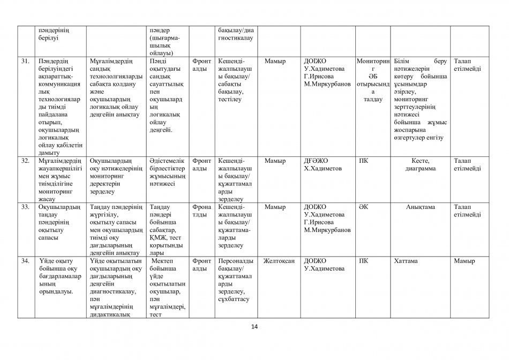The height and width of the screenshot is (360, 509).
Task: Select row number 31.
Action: pos(25,61)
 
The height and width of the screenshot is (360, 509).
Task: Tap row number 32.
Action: pos(25,161)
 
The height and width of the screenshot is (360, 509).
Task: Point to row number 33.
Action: pos(25,207)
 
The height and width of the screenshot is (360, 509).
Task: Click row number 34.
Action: pos(25,261)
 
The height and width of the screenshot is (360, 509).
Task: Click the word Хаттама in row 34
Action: pos(407,261)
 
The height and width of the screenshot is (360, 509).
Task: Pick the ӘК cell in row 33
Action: pos(363,207)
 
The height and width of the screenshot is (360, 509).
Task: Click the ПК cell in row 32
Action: pos(363,161)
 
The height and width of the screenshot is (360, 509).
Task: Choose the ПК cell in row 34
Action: pos(363,261)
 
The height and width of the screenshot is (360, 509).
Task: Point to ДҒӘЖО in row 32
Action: pos(316,161)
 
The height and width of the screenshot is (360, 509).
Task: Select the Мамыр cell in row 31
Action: pos(275,61)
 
